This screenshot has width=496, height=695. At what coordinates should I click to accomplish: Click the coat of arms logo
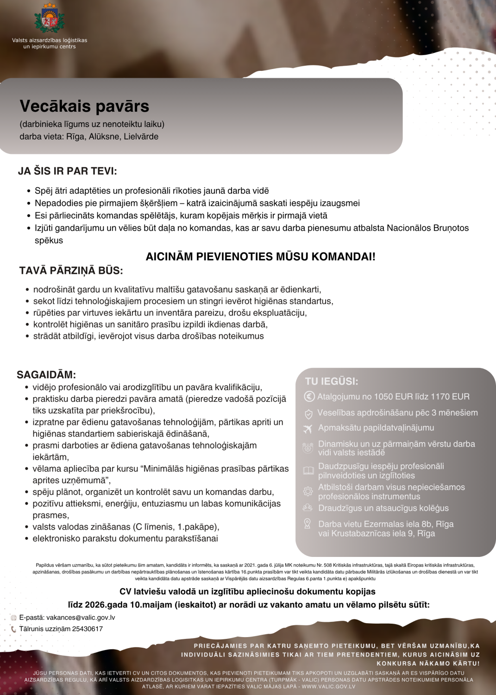click(49, 19)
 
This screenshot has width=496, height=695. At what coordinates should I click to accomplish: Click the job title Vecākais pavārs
click(84, 106)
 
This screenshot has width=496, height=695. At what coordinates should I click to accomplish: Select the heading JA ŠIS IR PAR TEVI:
click(67, 171)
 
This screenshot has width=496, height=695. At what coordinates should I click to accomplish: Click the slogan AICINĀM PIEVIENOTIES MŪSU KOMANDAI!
click(260, 257)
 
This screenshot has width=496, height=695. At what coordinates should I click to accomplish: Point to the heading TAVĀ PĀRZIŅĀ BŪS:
click(71, 271)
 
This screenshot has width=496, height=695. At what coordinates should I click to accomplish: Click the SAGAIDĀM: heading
click(46, 374)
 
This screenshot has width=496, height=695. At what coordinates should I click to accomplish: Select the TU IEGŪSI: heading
click(331, 381)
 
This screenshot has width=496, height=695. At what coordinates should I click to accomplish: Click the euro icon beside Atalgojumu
click(309, 397)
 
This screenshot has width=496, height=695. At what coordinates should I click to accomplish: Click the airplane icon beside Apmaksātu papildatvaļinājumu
click(308, 429)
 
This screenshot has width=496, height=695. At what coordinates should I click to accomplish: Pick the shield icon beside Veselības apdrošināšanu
click(308, 413)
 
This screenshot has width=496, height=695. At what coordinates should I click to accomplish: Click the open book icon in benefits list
click(308, 471)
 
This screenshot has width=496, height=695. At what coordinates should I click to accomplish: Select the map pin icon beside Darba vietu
click(307, 524)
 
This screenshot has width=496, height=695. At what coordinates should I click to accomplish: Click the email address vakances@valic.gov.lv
click(81, 618)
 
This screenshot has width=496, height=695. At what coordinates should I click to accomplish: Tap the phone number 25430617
click(88, 629)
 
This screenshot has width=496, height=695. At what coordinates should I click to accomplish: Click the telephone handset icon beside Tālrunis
click(13, 629)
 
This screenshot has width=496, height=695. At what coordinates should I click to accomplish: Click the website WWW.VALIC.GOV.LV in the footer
click(328, 687)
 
